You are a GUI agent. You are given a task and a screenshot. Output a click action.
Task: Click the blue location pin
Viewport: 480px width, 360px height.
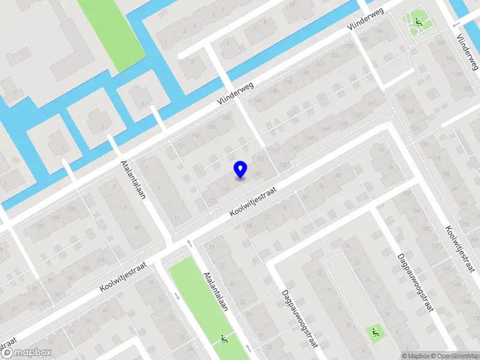pos(241,169)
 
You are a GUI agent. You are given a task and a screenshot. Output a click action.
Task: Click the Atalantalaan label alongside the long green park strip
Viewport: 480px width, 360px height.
pos(217,290)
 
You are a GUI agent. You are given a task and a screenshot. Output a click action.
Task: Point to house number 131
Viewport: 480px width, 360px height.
pos(260,159)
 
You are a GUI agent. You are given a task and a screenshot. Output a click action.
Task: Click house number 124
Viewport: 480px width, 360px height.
pos(226,117)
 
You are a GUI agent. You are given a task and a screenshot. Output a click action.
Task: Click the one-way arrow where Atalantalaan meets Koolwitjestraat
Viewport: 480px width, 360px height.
pos(190,243)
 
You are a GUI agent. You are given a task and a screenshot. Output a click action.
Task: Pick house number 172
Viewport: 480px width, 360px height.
pos(467,89)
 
